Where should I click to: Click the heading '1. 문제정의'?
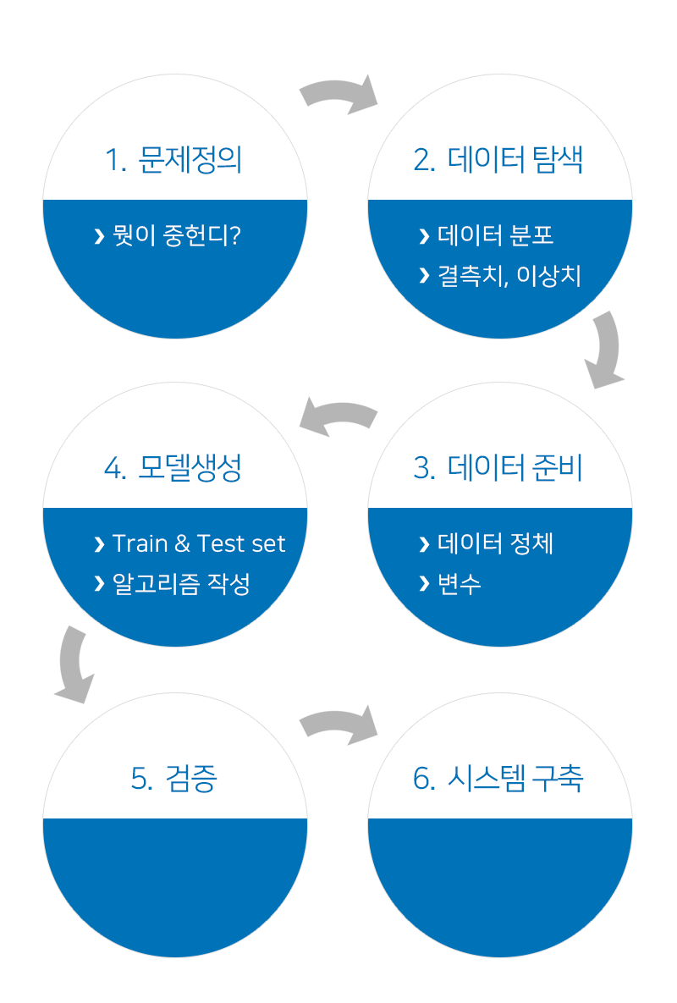[x=173, y=160]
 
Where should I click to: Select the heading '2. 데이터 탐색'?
[x=498, y=160]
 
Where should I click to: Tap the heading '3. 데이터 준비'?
[x=498, y=468]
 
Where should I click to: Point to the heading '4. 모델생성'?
[x=173, y=468]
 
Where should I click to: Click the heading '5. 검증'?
[x=173, y=779]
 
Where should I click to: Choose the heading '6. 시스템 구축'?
[x=498, y=779]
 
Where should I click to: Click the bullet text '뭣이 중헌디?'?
[x=177, y=235]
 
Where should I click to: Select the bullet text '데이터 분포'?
[x=496, y=235]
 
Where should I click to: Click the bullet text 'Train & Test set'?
[x=199, y=543]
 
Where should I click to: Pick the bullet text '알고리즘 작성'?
[x=182, y=584]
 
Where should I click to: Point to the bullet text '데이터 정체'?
[x=496, y=543]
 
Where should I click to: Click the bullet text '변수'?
[x=460, y=584]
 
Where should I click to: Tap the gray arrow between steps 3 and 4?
[x=338, y=416]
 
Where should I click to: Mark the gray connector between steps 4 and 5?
[x=74, y=664]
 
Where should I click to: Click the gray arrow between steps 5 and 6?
[x=338, y=725]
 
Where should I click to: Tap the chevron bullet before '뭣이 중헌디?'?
[x=100, y=236]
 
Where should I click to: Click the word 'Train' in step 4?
[x=140, y=543]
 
